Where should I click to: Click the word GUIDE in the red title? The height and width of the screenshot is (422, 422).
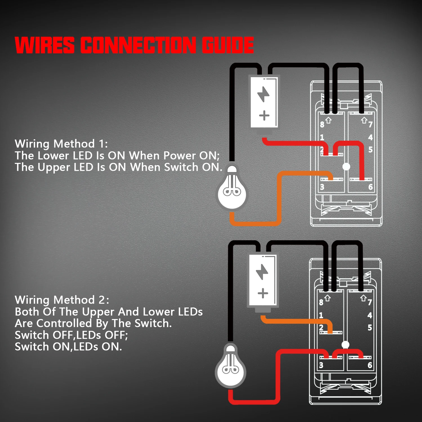click(228, 45)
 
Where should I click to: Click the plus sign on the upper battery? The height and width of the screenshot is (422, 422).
click(264, 115)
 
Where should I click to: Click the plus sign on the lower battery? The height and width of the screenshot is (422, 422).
click(263, 293)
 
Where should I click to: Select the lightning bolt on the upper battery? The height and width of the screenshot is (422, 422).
click(264, 94)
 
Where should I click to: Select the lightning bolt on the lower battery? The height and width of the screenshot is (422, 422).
click(262, 272)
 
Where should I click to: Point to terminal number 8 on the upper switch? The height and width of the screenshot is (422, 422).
click(322, 124)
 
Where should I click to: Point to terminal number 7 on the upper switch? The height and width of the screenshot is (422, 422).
click(371, 124)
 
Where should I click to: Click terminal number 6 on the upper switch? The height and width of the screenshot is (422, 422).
click(371, 187)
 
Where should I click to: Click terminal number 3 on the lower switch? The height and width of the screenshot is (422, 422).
click(321, 365)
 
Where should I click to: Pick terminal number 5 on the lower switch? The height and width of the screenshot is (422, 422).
click(370, 327)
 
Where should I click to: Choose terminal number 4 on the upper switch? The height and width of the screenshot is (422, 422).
click(371, 137)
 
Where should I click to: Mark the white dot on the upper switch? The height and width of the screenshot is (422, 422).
click(346, 167)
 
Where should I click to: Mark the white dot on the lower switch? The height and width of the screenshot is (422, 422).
click(345, 345)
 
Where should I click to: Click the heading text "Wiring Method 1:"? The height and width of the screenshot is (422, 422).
click(61, 144)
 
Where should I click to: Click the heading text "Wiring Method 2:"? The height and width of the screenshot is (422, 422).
click(62, 300)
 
